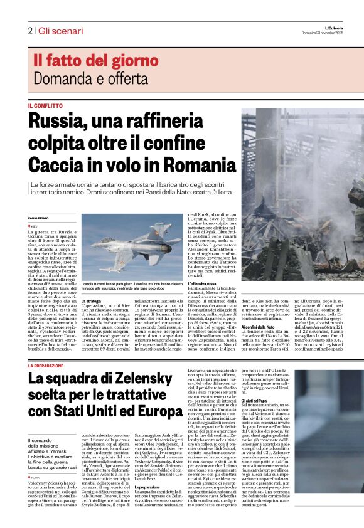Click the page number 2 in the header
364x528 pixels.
coord(29,30)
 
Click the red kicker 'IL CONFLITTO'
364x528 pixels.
coord(45,106)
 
